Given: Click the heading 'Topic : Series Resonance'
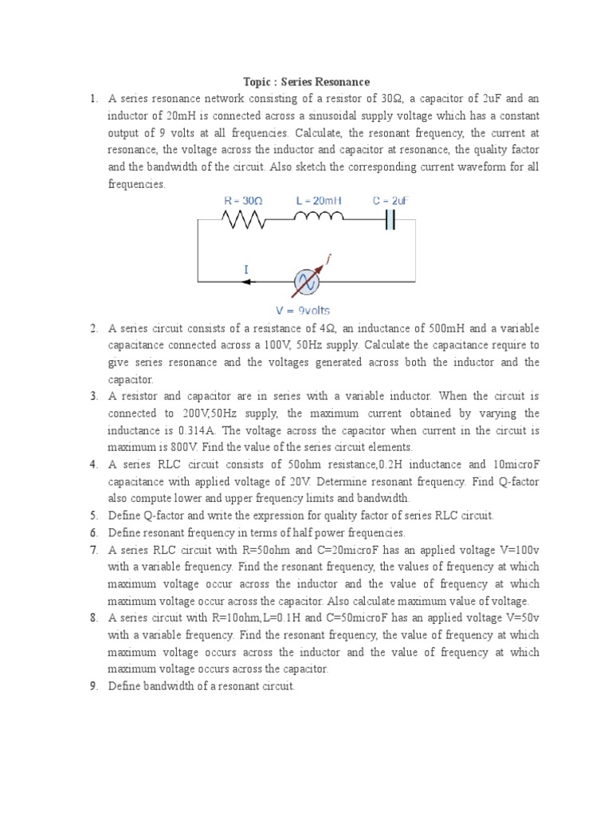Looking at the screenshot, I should pos(307,81).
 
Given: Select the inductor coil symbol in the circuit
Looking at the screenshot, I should pos(320,217).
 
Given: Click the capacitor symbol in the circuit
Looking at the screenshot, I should pos(389,219).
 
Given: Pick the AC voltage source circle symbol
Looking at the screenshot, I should pos(306,281).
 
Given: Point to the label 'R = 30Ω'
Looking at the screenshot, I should pos(242,201).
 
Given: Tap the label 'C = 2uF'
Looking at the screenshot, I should pos(390,201).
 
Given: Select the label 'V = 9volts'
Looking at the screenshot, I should pos(304,310).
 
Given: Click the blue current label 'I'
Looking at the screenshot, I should pos(246,270).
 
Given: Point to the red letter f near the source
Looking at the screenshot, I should pos(328,258).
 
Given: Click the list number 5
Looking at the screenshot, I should pos(93,516).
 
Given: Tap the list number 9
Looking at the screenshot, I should pos(93,686).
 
